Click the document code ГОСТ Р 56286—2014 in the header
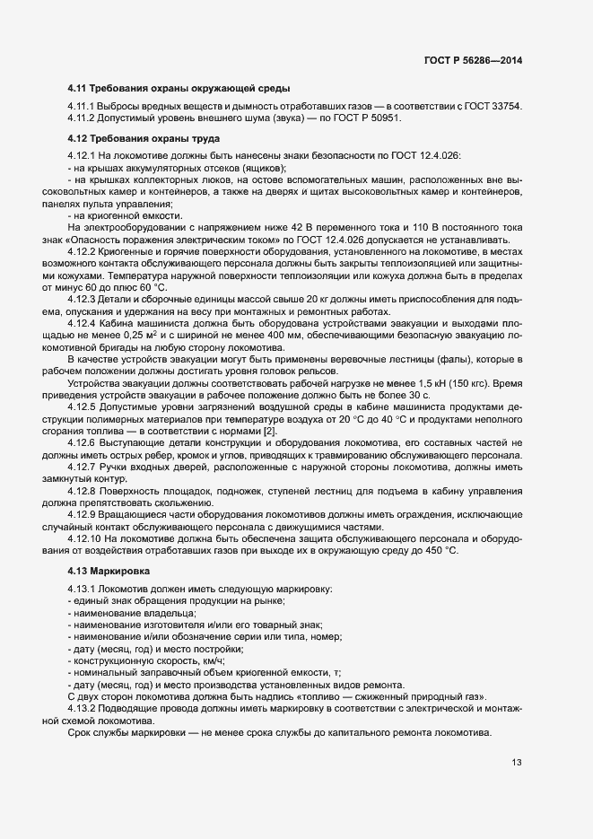click(473, 61)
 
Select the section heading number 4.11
click(77, 90)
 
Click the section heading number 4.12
click(77, 138)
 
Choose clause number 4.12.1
click(83, 156)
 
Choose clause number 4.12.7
click(83, 468)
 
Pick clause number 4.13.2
click(83, 709)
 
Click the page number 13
click(517, 764)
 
